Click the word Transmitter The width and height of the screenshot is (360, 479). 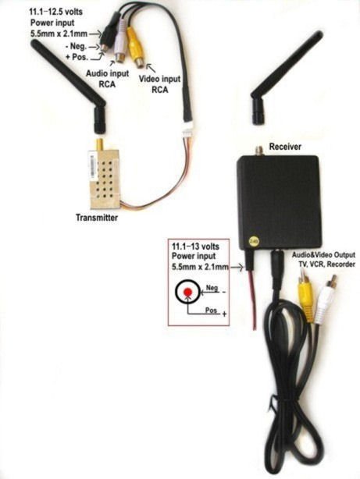coord(97,218)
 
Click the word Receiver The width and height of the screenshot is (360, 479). coord(285,147)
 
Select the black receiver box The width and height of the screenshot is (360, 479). coord(280,201)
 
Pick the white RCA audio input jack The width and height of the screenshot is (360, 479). coord(120,46)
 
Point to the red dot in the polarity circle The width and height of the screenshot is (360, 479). coord(187,293)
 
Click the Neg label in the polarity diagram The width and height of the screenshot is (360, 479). coord(212,288)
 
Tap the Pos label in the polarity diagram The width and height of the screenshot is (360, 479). coord(211,310)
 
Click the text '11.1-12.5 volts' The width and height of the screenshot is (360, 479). coord(55,12)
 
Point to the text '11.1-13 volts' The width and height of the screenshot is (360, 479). coord(196,247)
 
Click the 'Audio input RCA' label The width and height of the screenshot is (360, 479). coord(107,79)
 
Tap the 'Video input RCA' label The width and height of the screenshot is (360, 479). coord(159,84)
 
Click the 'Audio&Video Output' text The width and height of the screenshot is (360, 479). coord(323,255)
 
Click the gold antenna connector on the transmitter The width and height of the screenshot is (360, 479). coord(99,144)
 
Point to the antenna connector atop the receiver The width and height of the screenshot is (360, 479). coord(259,151)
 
